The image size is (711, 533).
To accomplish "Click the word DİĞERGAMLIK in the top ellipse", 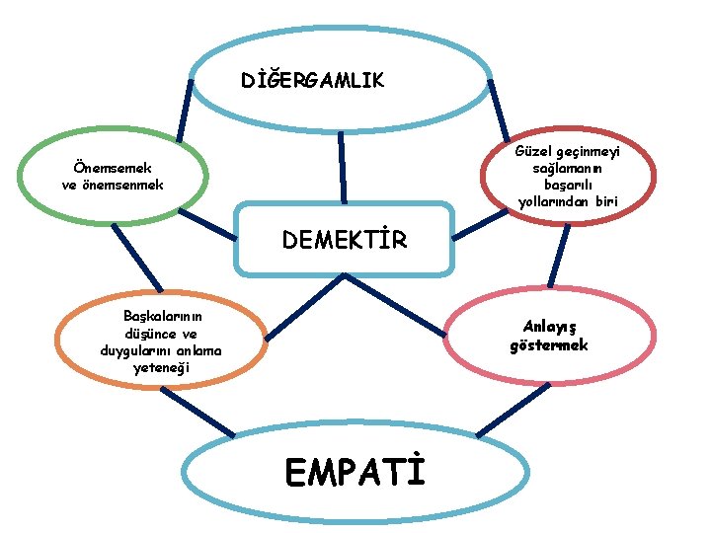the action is (x=314, y=79).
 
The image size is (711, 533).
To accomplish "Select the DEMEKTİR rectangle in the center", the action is (x=344, y=239).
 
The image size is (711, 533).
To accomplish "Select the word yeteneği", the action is (x=163, y=368).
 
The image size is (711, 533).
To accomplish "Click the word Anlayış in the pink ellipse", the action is (x=549, y=327).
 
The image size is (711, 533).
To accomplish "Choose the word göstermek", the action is (x=549, y=344).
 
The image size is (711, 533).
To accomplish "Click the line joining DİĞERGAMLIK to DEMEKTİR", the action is (x=342, y=168).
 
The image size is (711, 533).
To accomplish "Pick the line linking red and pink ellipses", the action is (x=559, y=256).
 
